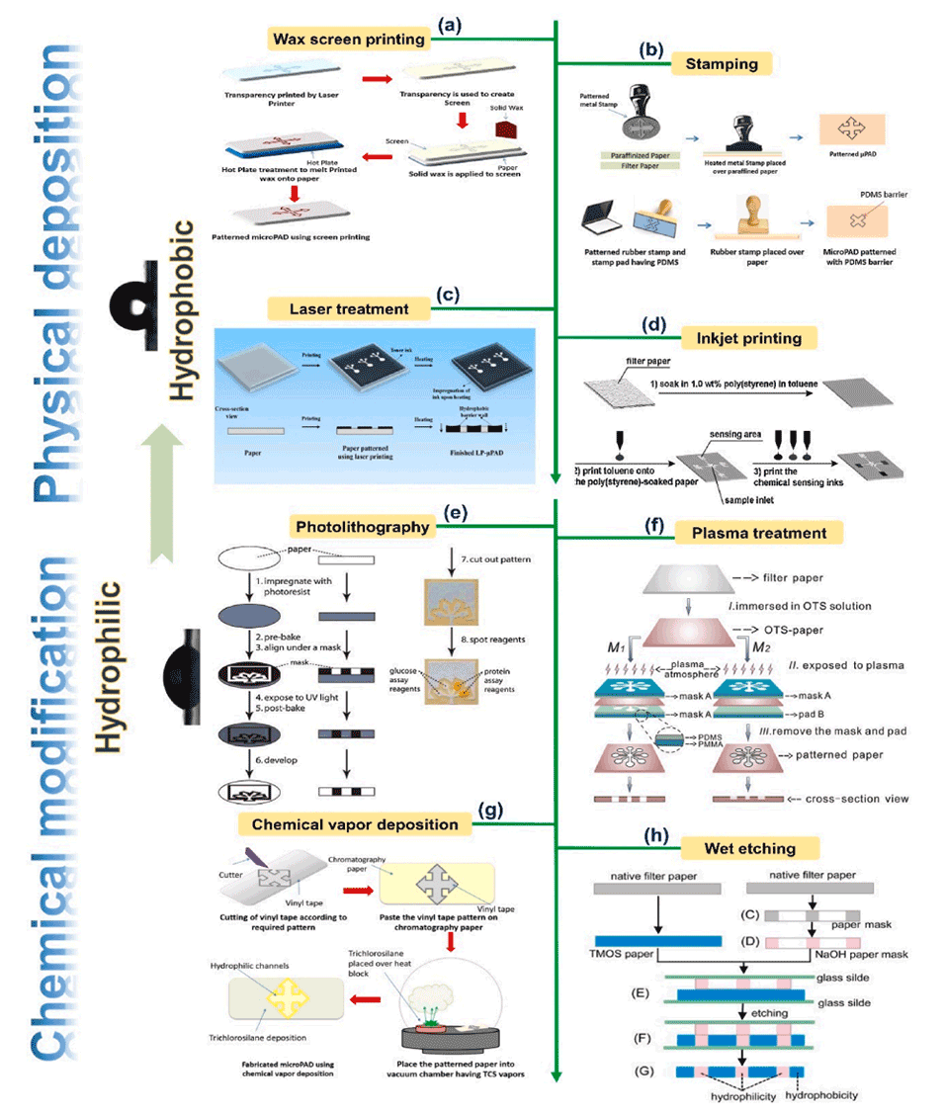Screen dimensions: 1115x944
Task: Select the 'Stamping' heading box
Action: pyautogui.click(x=722, y=64)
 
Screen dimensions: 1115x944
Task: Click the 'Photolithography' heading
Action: pyautogui.click(x=363, y=528)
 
